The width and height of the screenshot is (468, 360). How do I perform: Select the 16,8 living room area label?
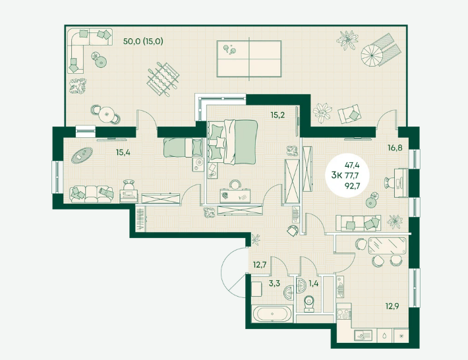pos(395,148)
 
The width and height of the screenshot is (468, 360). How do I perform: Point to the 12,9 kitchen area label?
pos(392,305)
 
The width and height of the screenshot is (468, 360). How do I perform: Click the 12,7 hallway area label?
pos(259,266)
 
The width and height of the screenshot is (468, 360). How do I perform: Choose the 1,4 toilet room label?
pos(313,285)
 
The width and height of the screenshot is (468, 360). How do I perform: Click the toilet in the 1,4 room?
pos(308,304)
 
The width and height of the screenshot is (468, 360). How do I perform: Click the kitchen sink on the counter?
pos(364,334)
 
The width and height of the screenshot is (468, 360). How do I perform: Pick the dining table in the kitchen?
pos(386,245)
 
